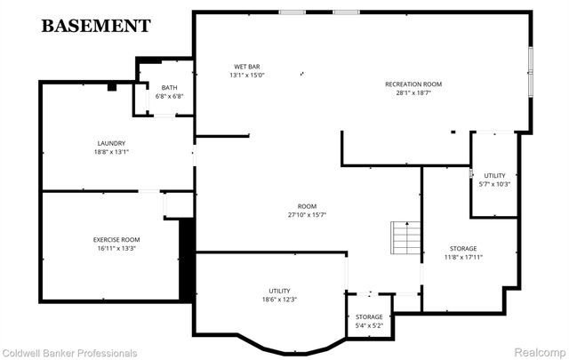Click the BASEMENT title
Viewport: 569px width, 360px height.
click(96, 25)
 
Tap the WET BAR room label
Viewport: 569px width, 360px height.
click(247, 67)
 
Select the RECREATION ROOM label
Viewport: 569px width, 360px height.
click(413, 84)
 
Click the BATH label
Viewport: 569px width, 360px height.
click(169, 88)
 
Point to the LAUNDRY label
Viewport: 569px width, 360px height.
click(111, 143)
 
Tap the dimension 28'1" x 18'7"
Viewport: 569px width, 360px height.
click(413, 92)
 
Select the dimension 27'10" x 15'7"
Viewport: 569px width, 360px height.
click(308, 214)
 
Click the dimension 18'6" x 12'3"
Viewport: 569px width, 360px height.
click(279, 300)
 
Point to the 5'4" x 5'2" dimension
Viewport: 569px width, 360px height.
click(369, 325)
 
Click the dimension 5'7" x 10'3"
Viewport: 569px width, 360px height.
click(493, 184)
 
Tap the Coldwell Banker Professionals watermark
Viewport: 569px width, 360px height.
click(70, 353)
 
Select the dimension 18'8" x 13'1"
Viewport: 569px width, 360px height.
click(111, 151)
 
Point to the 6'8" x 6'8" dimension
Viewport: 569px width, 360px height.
click(169, 96)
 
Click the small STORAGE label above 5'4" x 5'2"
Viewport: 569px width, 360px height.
click(369, 316)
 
